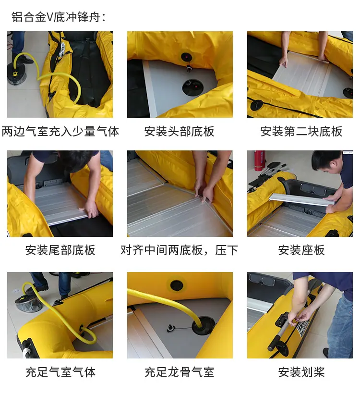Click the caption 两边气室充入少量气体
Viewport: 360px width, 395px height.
pyautogui.click(x=60, y=132)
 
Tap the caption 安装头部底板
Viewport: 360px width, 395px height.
pyautogui.click(x=180, y=132)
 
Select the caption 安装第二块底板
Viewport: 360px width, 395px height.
pyautogui.click(x=301, y=132)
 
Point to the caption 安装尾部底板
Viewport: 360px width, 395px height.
pyautogui.click(x=60, y=250)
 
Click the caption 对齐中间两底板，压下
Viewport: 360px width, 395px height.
pyautogui.click(x=180, y=250)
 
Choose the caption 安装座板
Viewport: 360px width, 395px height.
pyautogui.click(x=301, y=250)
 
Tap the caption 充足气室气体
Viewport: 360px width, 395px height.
pyautogui.click(x=60, y=372)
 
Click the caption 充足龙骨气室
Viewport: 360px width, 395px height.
pyautogui.click(x=180, y=372)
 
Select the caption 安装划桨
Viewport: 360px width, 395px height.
pyautogui.click(x=301, y=372)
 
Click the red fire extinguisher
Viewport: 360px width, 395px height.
pyautogui.click(x=259, y=160)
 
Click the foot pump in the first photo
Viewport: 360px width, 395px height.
pyautogui.click(x=17, y=74)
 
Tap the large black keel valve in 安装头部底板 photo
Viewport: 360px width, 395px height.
pyautogui.click(x=193, y=87)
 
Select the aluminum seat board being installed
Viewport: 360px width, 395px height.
pyautogui.click(x=302, y=199)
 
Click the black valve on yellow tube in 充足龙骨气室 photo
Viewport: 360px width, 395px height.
pyautogui.click(x=177, y=285)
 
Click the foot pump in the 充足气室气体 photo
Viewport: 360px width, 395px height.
pyautogui.click(x=25, y=302)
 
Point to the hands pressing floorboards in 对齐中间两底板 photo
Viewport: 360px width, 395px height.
pyautogui.click(x=204, y=192)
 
